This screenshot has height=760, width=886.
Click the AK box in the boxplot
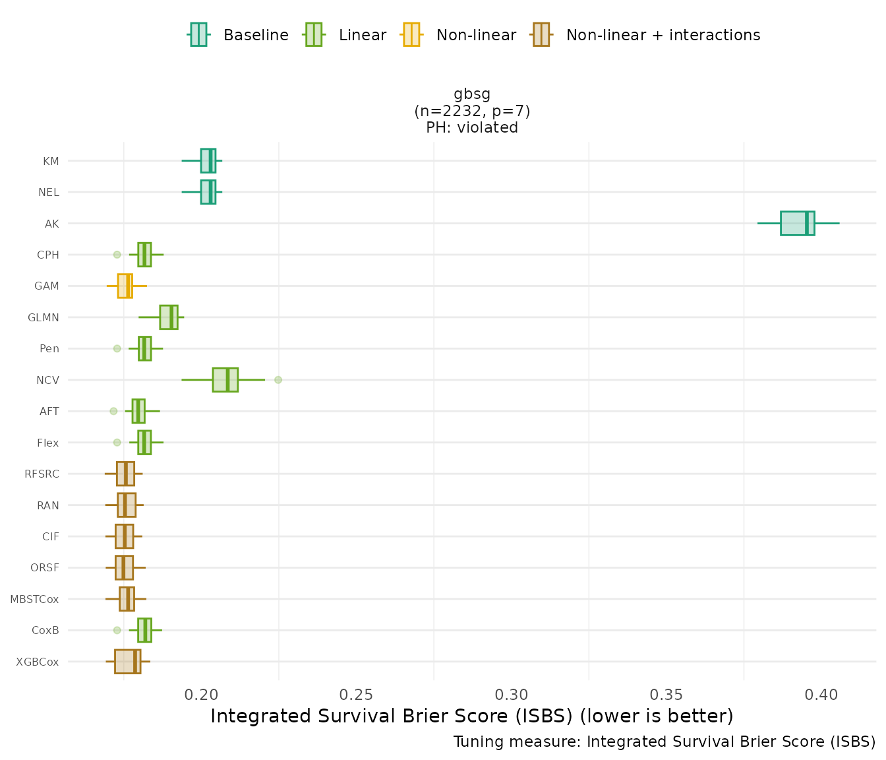click(x=797, y=223)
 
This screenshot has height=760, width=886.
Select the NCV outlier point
click(x=278, y=380)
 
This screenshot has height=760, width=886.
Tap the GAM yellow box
click(x=125, y=286)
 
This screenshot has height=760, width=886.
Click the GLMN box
click(x=168, y=317)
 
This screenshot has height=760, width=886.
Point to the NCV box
click(x=225, y=380)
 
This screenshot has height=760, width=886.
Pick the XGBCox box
click(x=127, y=662)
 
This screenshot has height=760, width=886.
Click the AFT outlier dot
click(x=113, y=411)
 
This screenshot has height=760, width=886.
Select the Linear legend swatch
click(x=313, y=34)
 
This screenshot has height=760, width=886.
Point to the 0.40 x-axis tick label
click(x=821, y=695)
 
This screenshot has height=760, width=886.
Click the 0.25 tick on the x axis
click(x=357, y=695)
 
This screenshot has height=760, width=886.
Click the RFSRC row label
click(x=42, y=474)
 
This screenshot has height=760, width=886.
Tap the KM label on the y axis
click(x=51, y=161)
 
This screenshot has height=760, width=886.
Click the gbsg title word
click(x=472, y=94)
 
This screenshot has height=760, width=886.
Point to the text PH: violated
click(x=472, y=128)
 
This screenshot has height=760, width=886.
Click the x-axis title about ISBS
click(x=472, y=716)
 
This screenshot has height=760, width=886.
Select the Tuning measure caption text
click(x=664, y=742)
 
